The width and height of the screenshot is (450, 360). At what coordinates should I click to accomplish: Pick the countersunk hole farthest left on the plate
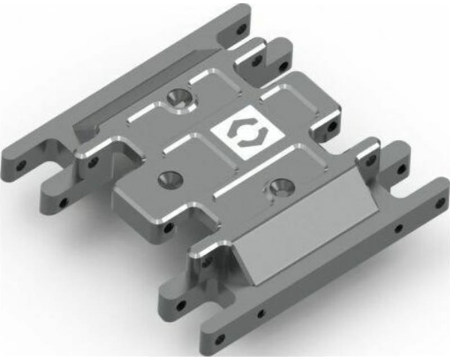click(x=167, y=178)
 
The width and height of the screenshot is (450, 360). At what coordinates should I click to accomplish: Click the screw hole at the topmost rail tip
click(x=242, y=27)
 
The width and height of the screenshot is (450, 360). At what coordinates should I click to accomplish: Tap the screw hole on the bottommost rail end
click(x=220, y=339)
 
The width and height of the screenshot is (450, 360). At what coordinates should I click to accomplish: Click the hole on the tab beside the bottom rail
click(x=181, y=306)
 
